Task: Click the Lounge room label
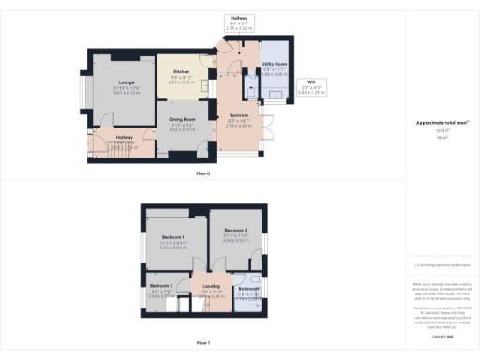(x=126, y=83)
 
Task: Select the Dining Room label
(x=182, y=120)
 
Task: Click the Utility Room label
(x=274, y=64)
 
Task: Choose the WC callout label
(x=309, y=83)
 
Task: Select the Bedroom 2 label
(x=234, y=230)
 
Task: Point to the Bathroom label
(x=248, y=289)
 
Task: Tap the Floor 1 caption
(x=202, y=343)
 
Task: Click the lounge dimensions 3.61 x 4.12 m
(x=127, y=93)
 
